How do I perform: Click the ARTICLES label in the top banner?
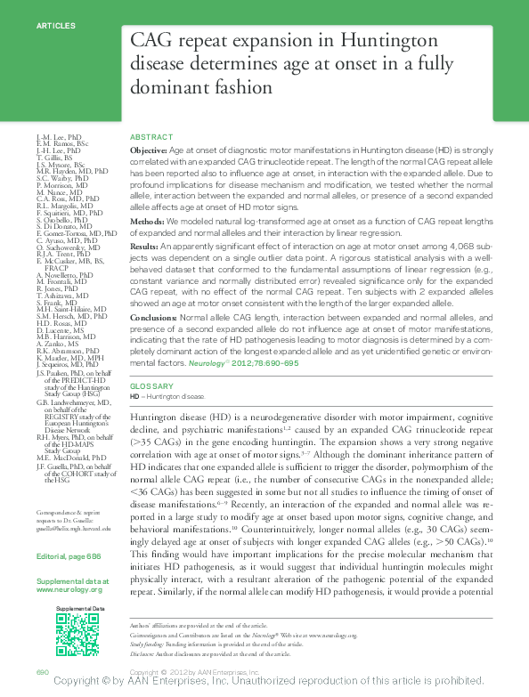55,26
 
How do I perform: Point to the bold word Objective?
148,152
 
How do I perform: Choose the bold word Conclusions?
153,315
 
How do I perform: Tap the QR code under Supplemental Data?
77,635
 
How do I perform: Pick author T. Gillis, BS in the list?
57,158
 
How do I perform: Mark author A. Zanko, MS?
56,343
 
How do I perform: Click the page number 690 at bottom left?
42,671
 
